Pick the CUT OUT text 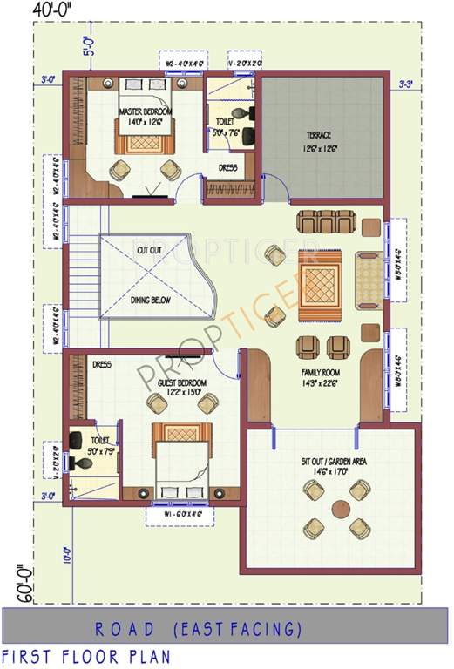point(149,250)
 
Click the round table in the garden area point(335,509)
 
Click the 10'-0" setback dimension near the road point(67,555)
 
